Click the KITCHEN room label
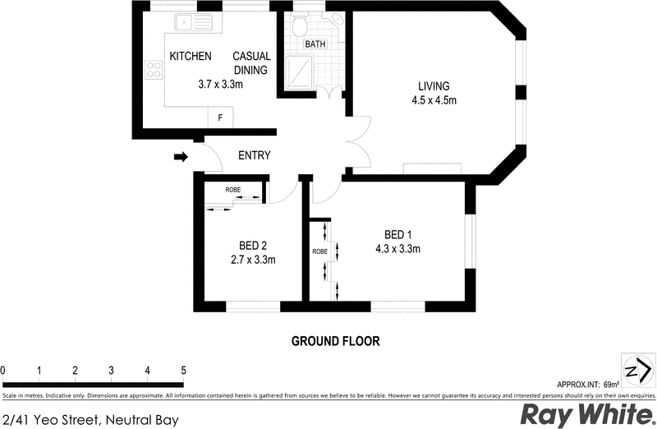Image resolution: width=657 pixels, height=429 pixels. coord(191,57)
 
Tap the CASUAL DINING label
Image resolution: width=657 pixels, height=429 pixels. coord(251,63)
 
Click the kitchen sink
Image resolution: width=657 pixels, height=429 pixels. coord(191,23)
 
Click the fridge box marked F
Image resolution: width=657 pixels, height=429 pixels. coord(219,118)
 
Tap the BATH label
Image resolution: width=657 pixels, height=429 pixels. coord(315,44)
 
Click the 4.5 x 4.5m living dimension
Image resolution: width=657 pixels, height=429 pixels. coord(434,101)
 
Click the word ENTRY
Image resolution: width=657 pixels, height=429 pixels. coord(254,155)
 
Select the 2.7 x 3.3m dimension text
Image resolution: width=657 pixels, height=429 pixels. coord(252,260)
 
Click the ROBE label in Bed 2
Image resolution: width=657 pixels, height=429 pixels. coord(234,189)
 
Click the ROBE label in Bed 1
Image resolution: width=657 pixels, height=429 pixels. coord(319,251)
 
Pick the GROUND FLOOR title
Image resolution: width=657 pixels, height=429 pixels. coord(336,340)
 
